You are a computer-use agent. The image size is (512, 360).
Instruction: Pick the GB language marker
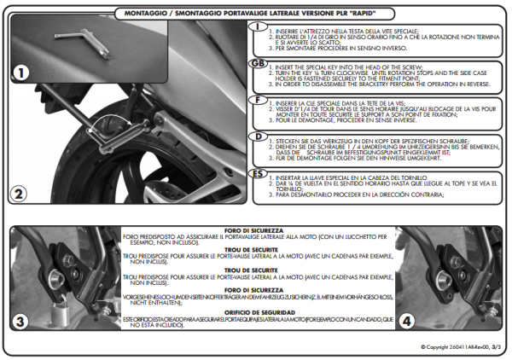pos(257,64)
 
